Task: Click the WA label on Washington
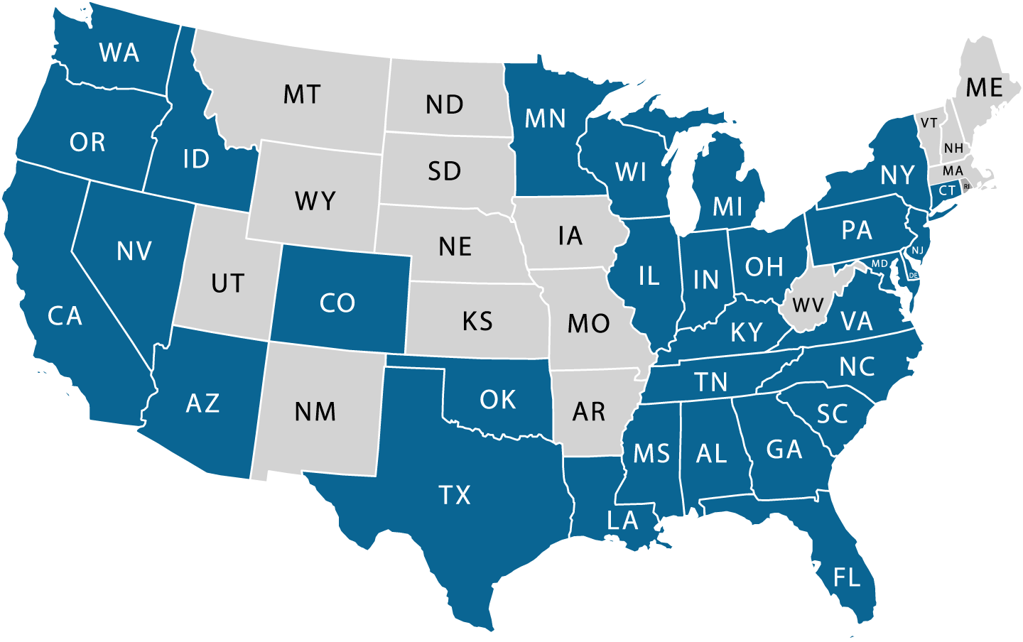119,53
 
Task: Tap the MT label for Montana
302,94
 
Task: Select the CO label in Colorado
337,303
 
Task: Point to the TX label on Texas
455,495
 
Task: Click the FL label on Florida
847,577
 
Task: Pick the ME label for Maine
984,88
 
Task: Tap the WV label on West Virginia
808,306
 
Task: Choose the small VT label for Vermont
929,124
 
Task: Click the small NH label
953,148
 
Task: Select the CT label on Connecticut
947,190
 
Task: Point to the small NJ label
918,250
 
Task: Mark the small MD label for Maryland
879,263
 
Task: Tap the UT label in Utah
227,284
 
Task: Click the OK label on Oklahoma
497,400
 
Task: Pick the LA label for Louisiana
622,521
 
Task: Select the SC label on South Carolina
832,414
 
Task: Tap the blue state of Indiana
705,280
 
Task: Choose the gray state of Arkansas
589,411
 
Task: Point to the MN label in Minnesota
545,119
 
